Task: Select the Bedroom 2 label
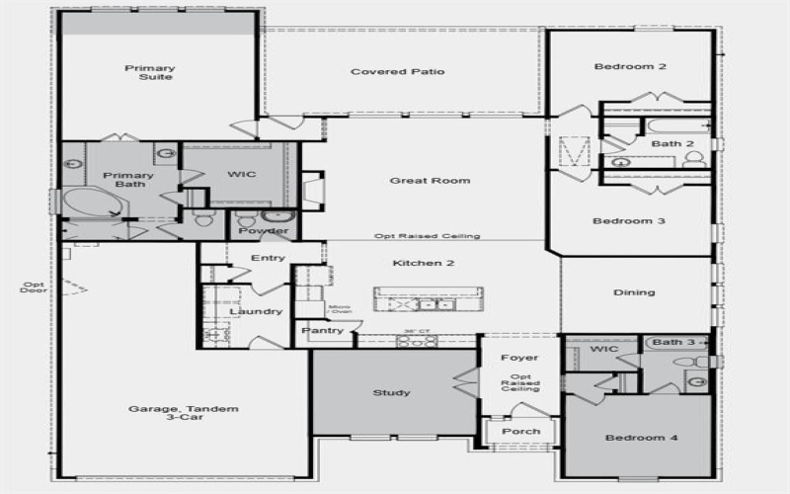629,67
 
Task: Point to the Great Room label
430,181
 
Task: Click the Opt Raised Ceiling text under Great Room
427,237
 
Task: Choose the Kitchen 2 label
424,263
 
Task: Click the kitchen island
429,297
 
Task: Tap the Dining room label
635,292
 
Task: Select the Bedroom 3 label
628,221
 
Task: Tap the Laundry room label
256,312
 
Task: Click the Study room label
391,393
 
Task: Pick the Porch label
520,431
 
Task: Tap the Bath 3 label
673,343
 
